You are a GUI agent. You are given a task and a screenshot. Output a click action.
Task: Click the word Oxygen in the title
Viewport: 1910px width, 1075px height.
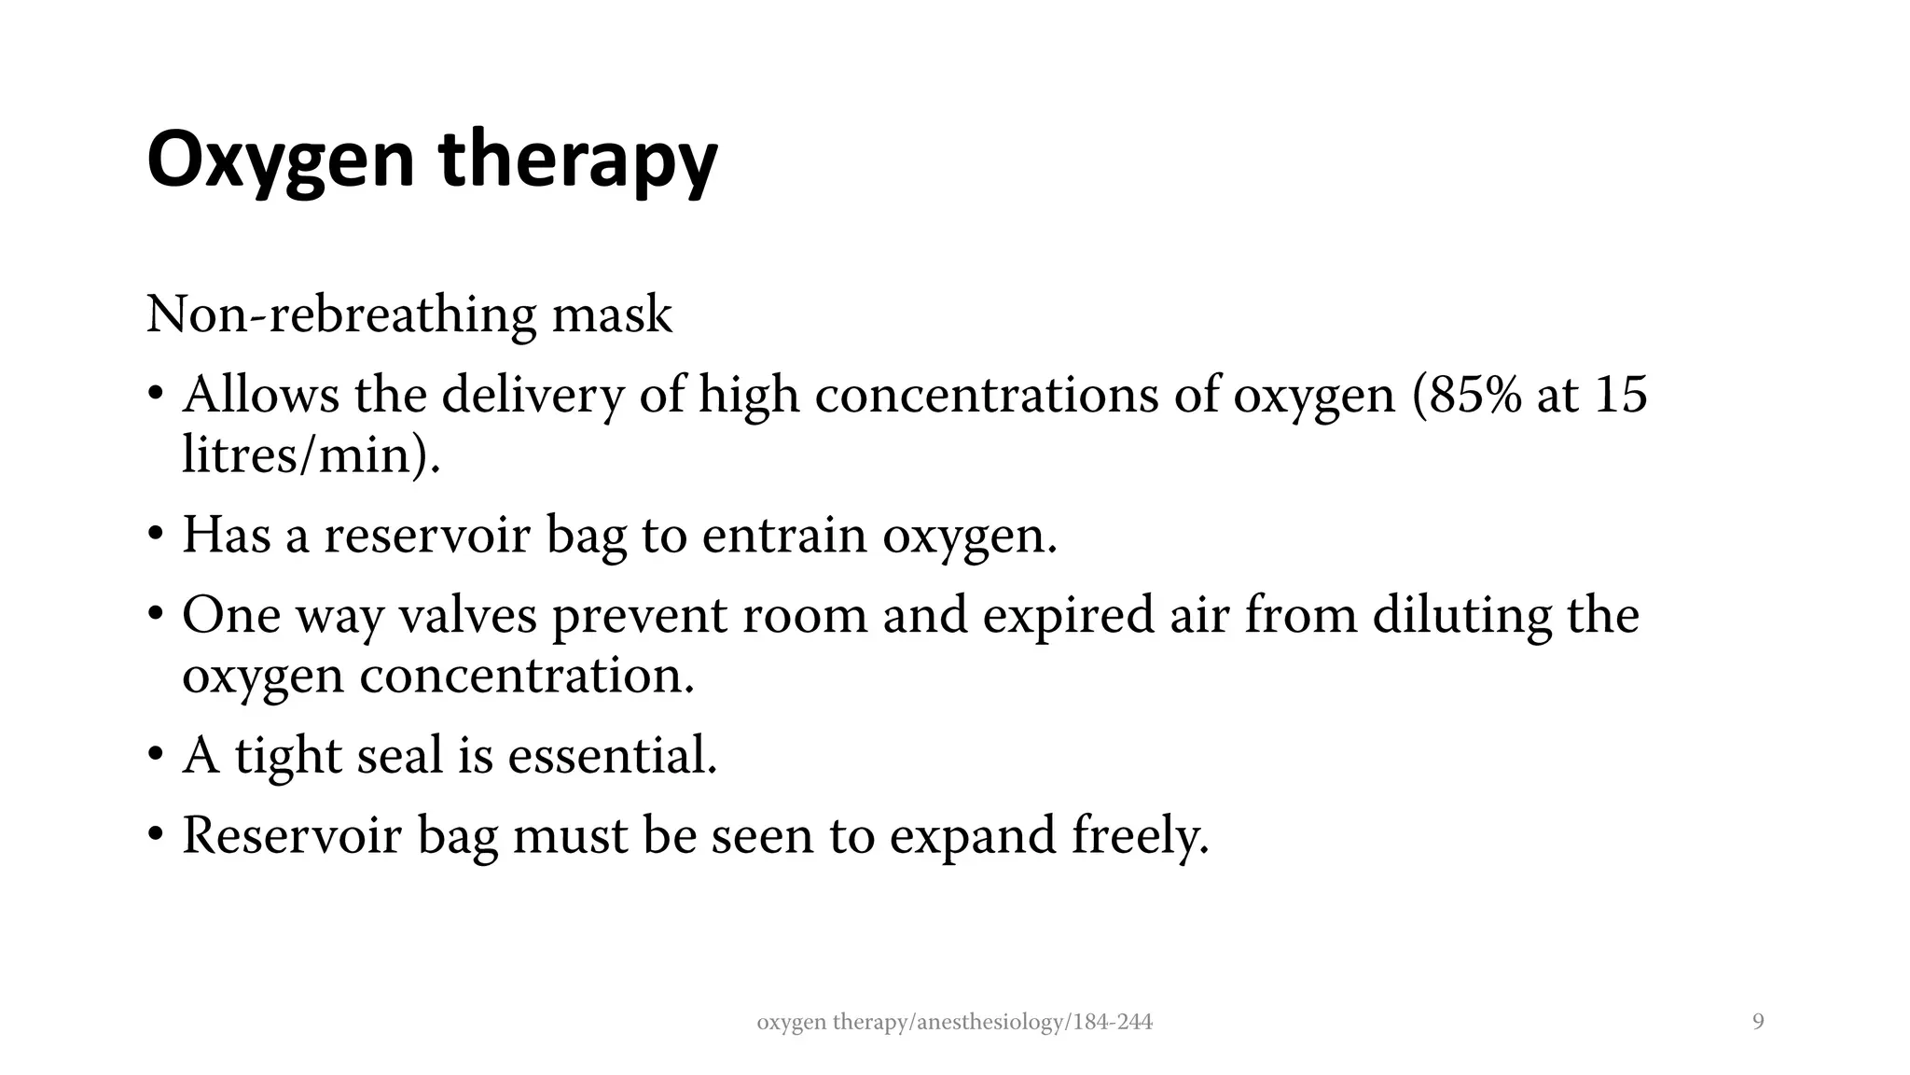click(280, 161)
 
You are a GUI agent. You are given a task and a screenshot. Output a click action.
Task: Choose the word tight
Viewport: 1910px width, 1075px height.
click(288, 755)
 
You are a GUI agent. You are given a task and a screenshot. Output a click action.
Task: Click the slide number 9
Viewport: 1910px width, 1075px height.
click(1758, 1023)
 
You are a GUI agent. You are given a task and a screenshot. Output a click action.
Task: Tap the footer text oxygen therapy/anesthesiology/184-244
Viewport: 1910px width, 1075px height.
click(954, 1023)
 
